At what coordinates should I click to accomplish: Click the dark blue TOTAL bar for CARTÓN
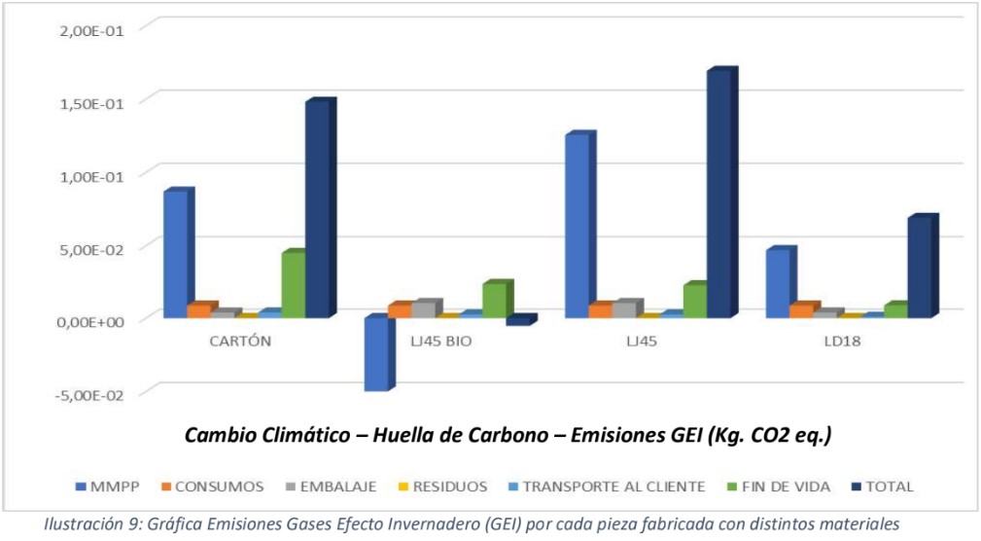tap(317, 209)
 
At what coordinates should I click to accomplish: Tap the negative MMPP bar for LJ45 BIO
tap(376, 354)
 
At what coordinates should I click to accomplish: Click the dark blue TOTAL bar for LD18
tap(920, 267)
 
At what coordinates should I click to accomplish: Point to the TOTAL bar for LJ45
tap(719, 195)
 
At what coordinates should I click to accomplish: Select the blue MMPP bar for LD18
tap(778, 283)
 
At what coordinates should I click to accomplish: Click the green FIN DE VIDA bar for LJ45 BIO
tap(494, 301)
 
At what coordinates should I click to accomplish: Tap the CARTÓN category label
tap(239, 342)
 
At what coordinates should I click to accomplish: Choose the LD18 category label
tap(839, 342)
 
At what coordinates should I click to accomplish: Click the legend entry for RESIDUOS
tap(448, 486)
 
